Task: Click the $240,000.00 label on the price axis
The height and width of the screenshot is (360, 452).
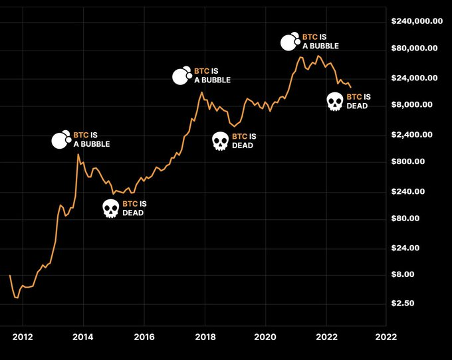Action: coord(417,21)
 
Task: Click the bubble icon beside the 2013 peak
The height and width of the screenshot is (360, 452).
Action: coord(61,139)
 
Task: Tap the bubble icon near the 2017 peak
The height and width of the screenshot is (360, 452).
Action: coord(181,76)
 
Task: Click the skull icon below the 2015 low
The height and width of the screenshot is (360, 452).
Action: coord(111,209)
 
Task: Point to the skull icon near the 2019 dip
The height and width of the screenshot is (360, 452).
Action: coord(221,141)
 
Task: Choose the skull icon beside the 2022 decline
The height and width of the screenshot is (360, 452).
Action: coord(336,102)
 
